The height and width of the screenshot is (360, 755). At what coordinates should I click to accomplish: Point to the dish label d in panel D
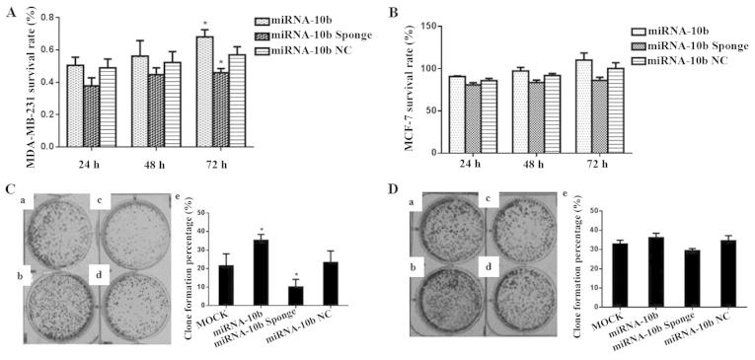[x=485, y=266]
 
